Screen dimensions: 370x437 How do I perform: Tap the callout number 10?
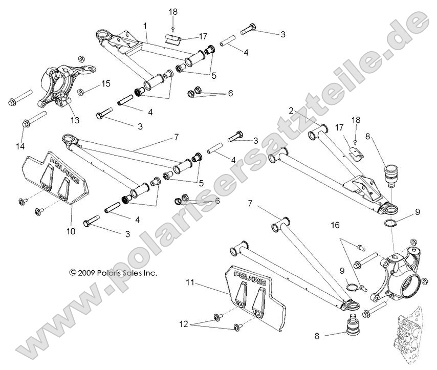pos(71,231)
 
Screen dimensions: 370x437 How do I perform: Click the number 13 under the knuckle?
pos(75,120)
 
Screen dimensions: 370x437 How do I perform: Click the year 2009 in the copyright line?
pos(88,273)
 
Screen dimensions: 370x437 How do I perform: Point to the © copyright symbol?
pos(73,273)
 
